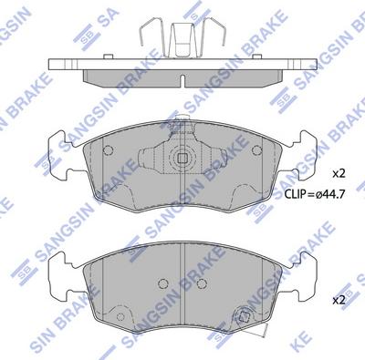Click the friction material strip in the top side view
[182, 80]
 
